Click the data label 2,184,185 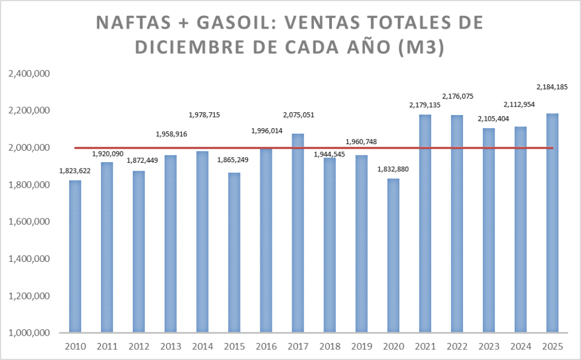(552, 87)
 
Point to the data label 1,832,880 (393, 169)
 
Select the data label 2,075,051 (298, 115)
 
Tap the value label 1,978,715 (203, 115)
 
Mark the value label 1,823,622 (75, 170)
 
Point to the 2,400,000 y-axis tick (28, 74)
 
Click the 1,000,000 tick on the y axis (28, 333)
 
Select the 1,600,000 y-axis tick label (28, 222)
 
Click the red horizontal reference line (170, 148)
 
